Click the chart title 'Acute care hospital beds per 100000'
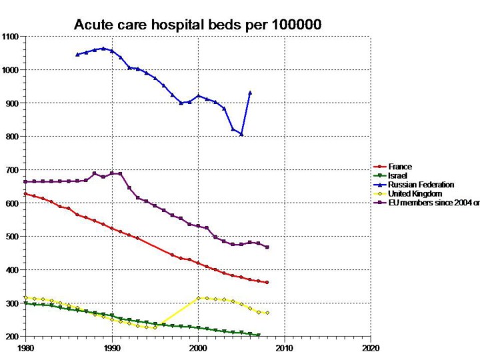click(198, 25)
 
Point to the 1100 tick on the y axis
click(11, 37)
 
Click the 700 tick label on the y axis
click(13, 170)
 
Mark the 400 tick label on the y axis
click(13, 270)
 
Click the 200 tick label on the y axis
click(13, 337)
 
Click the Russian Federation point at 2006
click(250, 93)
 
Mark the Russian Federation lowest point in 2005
click(241, 134)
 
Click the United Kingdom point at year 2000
click(198, 298)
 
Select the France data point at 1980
click(26, 194)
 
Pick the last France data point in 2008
click(267, 283)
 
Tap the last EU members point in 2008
click(267, 247)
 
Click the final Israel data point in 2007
click(258, 335)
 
